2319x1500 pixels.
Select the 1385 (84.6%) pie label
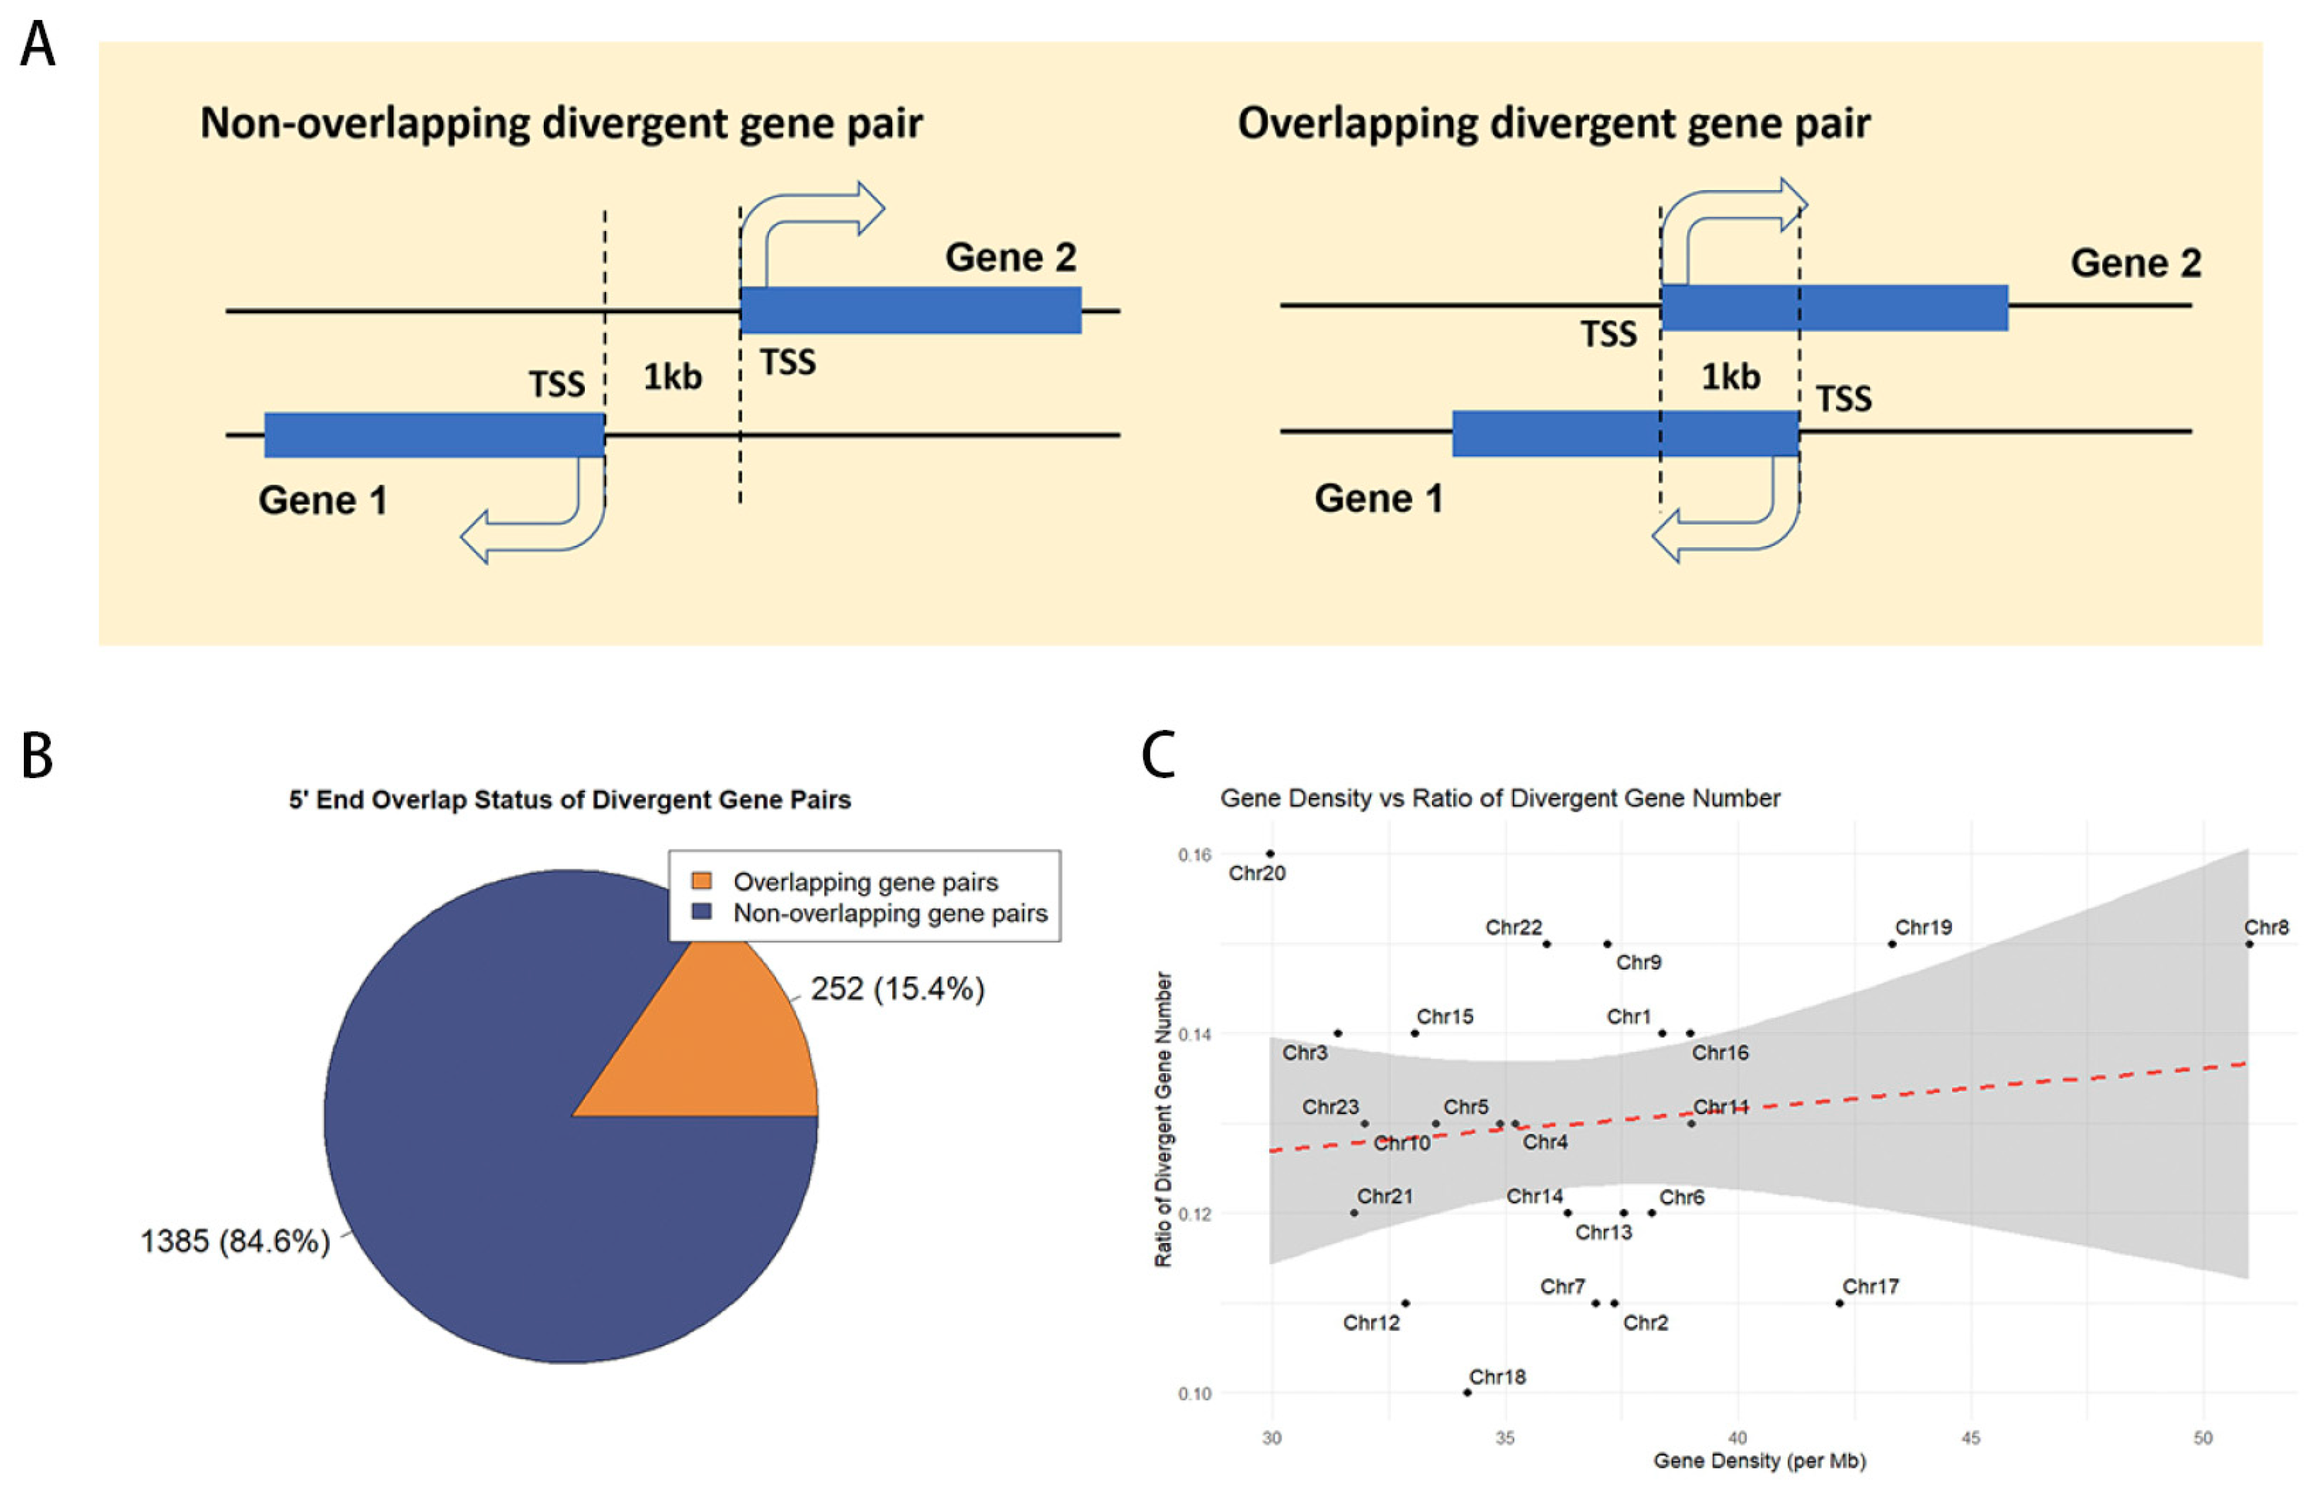(234, 1241)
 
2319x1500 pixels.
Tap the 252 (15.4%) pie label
(897, 989)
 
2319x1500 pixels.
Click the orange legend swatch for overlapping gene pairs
(701, 881)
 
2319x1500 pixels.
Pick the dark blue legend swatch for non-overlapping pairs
(701, 912)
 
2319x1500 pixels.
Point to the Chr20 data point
(1270, 853)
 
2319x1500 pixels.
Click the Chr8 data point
(2249, 944)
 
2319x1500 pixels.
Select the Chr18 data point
(1468, 1392)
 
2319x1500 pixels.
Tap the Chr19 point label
(1923, 927)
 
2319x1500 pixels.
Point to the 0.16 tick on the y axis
(1194, 854)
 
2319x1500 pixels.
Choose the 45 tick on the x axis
(1971, 1438)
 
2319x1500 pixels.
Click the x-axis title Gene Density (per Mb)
(1759, 1460)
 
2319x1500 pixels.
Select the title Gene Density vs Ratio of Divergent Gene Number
(1500, 798)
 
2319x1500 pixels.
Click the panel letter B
(37, 755)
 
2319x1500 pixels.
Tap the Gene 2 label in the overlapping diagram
(2135, 262)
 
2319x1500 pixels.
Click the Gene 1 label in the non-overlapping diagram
(323, 500)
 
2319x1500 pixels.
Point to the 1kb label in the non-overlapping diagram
(672, 376)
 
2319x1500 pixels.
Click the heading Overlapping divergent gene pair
(1553, 124)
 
